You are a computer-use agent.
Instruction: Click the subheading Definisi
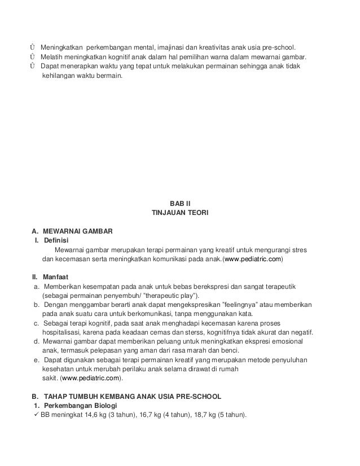coord(56,241)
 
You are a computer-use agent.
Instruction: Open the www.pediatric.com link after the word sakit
coord(90,379)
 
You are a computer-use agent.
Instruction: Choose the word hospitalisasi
coord(62,332)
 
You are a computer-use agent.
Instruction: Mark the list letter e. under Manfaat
coord(37,360)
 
